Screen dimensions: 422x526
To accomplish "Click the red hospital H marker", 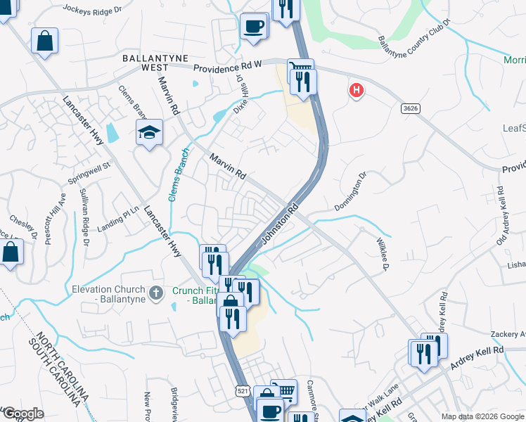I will (357, 90).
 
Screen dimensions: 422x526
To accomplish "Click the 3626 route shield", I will (411, 108).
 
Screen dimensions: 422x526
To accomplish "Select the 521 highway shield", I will (242, 390).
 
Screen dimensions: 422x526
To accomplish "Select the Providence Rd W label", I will (227, 65).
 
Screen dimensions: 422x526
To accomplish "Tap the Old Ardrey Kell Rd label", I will (501, 216).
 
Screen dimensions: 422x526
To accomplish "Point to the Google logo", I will (23, 414).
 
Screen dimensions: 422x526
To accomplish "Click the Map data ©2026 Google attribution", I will (481, 416).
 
